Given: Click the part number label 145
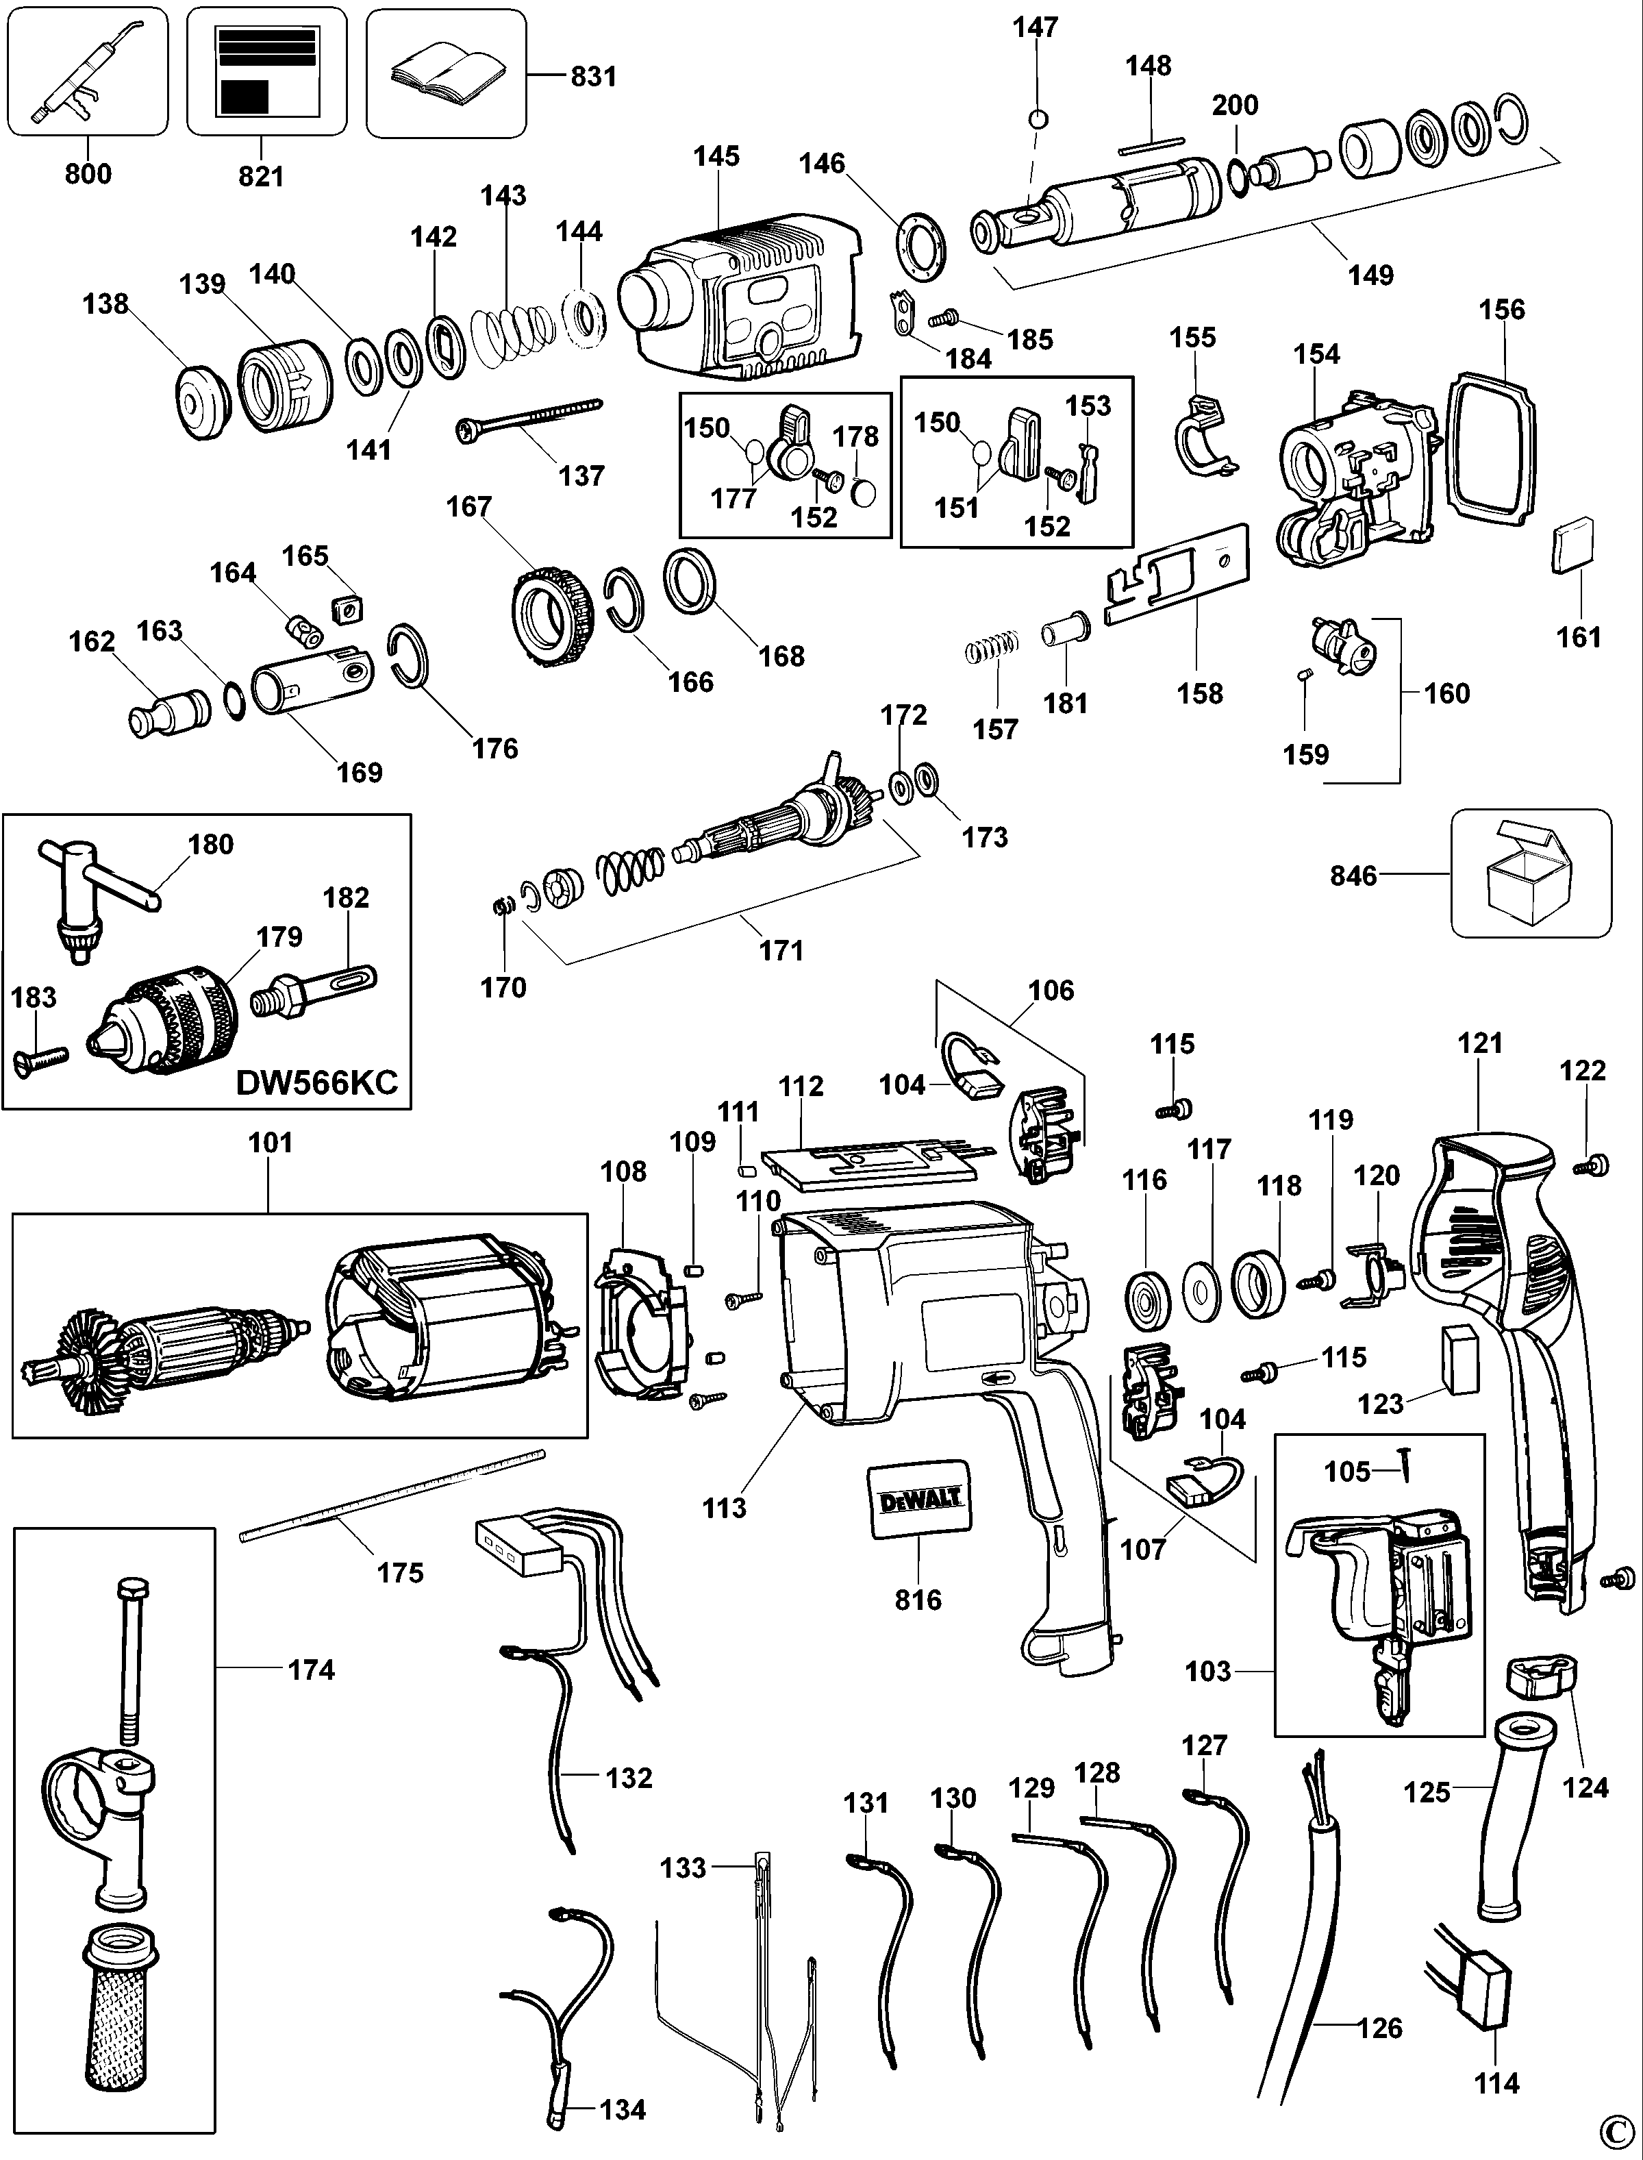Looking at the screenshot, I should pos(717,156).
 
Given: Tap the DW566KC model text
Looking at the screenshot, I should pos(317,1082).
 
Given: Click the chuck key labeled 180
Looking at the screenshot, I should pos(88,895).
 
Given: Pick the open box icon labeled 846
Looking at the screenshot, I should pos(1529,873).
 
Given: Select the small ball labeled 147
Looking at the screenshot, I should pos(1039,119).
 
